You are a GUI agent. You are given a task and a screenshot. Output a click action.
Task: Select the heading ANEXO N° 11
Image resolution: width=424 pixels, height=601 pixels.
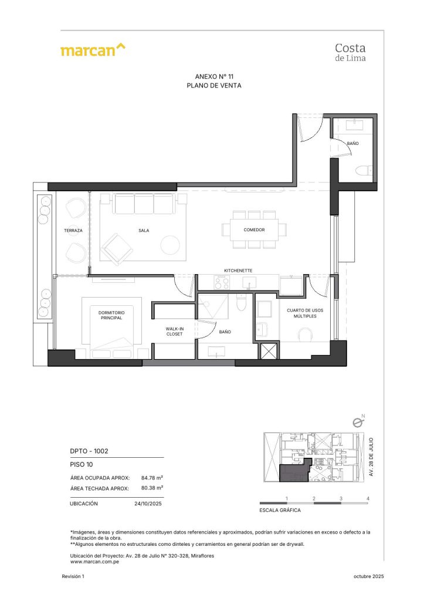pyautogui.click(x=213, y=77)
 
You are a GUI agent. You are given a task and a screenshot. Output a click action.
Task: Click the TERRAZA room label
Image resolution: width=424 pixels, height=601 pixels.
pyautogui.click(x=73, y=231)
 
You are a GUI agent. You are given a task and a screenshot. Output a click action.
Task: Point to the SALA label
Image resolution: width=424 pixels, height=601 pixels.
pyautogui.click(x=144, y=231)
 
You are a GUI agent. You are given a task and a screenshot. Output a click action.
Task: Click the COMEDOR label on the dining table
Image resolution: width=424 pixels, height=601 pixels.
pyautogui.click(x=254, y=230)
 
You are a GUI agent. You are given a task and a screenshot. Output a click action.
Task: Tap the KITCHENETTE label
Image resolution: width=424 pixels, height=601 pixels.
pyautogui.click(x=238, y=271)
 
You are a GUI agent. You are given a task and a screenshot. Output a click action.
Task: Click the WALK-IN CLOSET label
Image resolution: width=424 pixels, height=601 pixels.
pyautogui.click(x=174, y=331)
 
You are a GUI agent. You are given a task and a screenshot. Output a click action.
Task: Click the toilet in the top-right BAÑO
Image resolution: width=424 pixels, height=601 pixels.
pyautogui.click(x=364, y=170)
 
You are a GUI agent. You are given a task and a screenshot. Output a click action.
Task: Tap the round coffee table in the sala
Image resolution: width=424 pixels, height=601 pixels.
pyautogui.click(x=170, y=244)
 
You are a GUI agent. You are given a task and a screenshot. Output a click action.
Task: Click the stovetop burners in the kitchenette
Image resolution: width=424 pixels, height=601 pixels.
pyautogui.click(x=222, y=282)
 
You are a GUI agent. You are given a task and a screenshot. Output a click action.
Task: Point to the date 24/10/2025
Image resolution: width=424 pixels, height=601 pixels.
pyautogui.click(x=148, y=504)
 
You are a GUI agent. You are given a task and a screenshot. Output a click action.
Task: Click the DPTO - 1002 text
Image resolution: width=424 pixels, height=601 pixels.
pyautogui.click(x=89, y=451)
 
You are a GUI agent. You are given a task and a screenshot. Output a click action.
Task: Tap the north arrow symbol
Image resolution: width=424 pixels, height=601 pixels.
pyautogui.click(x=357, y=421)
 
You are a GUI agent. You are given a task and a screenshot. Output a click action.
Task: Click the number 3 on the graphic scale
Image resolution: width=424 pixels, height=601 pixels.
pyautogui.click(x=341, y=498)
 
